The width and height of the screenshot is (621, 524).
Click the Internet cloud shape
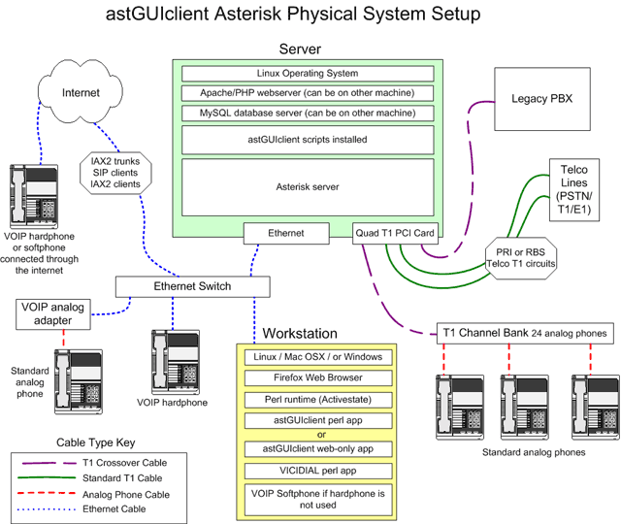(x=82, y=94)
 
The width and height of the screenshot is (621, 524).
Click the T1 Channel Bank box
(x=525, y=333)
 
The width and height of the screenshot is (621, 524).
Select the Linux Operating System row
(x=307, y=74)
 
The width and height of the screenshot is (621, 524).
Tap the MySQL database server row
(x=307, y=113)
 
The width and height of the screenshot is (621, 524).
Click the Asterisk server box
(x=307, y=185)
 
